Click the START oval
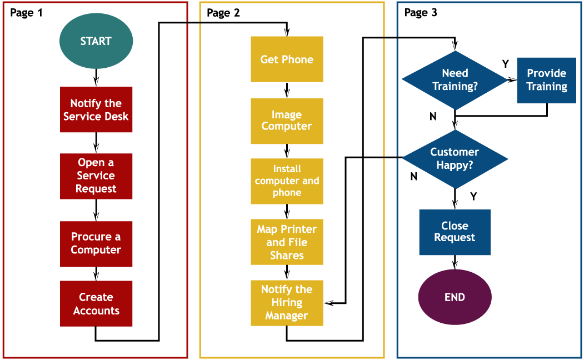(96, 41)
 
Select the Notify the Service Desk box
(96, 109)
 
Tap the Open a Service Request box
(96, 176)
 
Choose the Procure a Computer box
(96, 243)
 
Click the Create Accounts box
(96, 303)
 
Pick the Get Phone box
(287, 59)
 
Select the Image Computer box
(287, 121)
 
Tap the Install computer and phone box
(287, 181)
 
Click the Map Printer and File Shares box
(287, 242)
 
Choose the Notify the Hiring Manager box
(287, 303)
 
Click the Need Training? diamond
(455, 80)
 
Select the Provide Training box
(547, 80)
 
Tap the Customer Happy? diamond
(455, 159)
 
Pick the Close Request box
(455, 232)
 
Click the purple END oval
(455, 297)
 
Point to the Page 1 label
(26, 13)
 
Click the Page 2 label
(223, 13)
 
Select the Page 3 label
(421, 13)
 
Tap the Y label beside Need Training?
(505, 64)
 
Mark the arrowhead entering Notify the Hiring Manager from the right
(329, 303)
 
